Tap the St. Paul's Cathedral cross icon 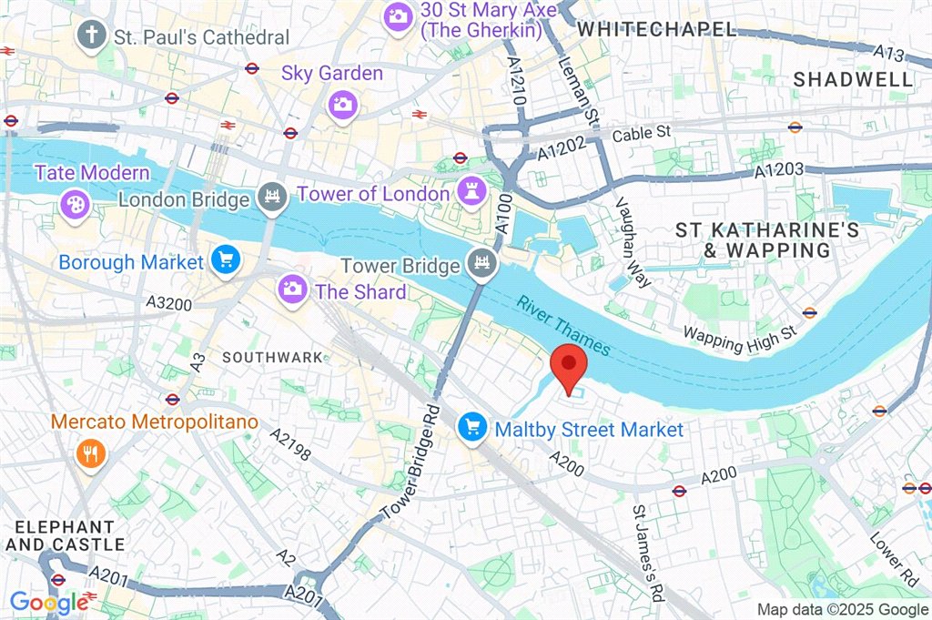tap(91, 36)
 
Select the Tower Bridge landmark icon tap(479, 265)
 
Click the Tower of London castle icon tap(470, 192)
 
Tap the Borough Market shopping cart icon tap(224, 261)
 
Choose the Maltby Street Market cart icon tap(471, 426)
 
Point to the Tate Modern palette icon tap(71, 202)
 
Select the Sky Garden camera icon tap(342, 104)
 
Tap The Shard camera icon tap(292, 291)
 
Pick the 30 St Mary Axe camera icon tap(398, 15)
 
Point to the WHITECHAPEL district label tap(656, 29)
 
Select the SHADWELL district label tap(853, 79)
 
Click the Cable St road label tap(641, 133)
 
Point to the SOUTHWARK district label tap(272, 358)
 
